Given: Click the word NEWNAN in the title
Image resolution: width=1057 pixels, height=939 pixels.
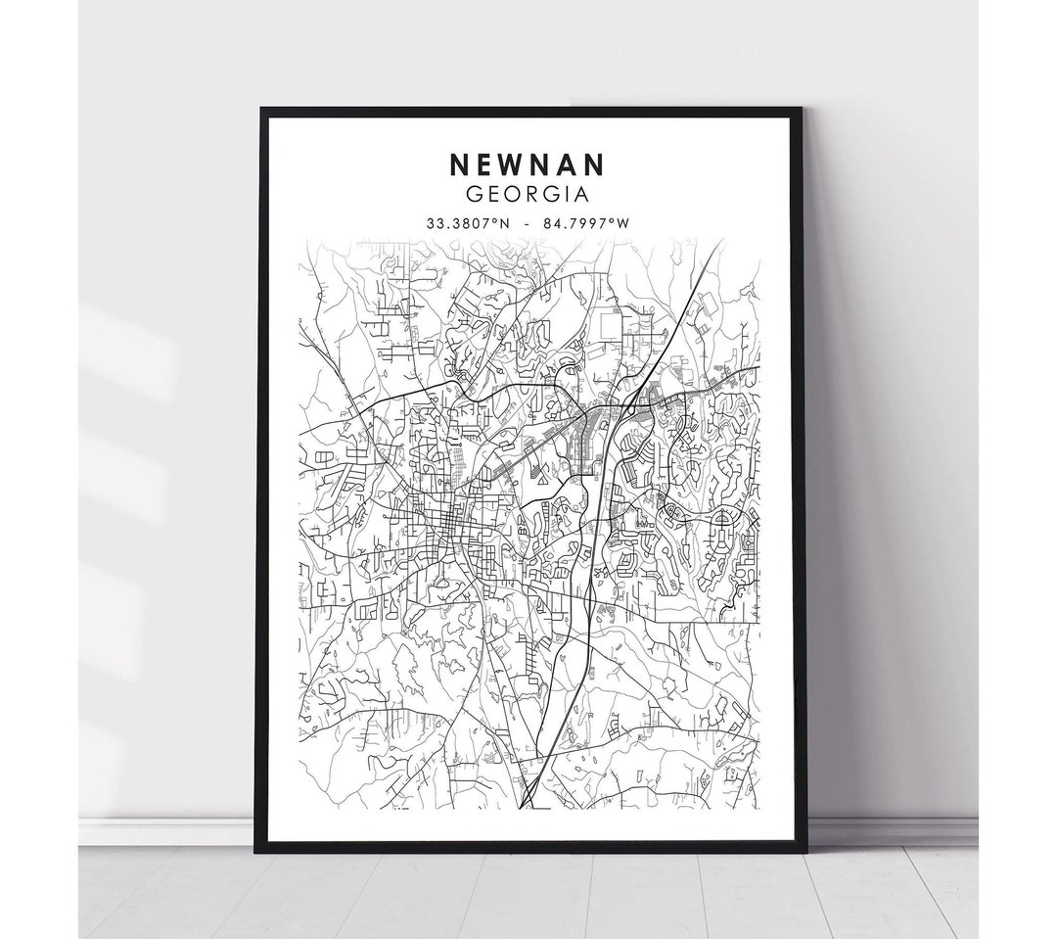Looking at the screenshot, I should coord(528,162).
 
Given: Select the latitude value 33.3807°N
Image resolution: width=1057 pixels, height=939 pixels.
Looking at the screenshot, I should coord(467,222).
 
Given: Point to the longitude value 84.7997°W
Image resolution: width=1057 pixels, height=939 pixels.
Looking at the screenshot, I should coord(587,222).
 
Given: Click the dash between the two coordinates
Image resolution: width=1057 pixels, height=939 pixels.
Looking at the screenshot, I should coord(528,222).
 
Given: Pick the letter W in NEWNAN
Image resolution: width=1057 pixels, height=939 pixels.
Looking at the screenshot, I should coord(512,162).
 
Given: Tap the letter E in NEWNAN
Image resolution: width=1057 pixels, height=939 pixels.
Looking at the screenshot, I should coord(484,162).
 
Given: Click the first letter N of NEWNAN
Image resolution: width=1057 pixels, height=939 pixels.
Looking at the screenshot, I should coord(458,162).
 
